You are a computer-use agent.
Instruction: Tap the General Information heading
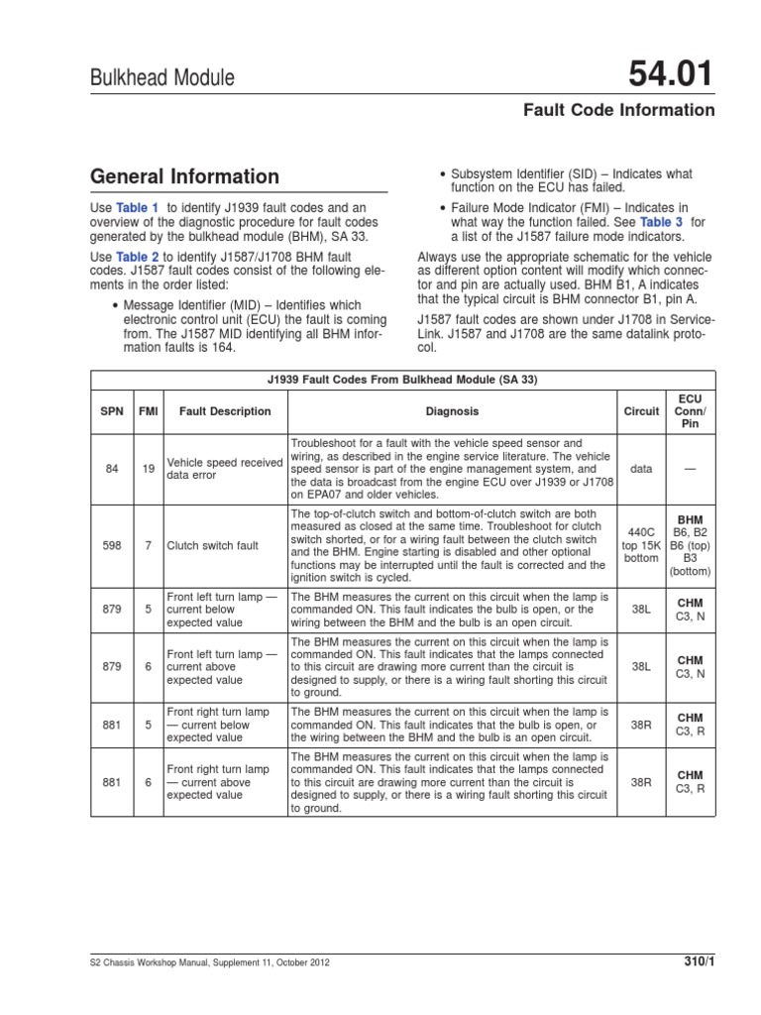click(184, 176)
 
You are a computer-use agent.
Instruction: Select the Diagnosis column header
click(452, 410)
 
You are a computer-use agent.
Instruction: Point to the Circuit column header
click(641, 410)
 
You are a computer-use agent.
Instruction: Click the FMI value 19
click(147, 468)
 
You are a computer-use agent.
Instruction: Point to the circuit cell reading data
click(641, 468)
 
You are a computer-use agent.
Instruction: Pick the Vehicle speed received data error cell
click(224, 468)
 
